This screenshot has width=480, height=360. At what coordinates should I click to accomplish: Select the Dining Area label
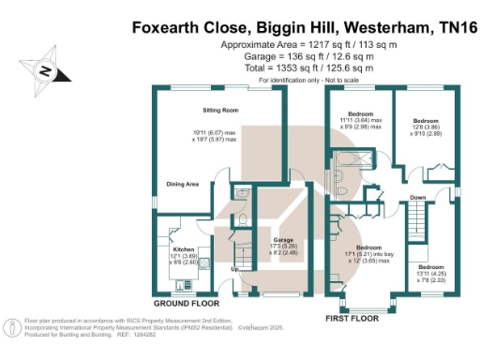point(181,184)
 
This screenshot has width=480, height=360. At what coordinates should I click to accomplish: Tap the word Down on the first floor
point(418,198)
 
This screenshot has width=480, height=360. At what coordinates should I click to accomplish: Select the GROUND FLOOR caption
point(187,304)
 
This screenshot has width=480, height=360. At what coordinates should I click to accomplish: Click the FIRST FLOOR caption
point(352,318)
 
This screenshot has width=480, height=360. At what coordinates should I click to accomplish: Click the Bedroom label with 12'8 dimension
point(427,121)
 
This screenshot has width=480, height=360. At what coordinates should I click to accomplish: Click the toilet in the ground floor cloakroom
point(242,220)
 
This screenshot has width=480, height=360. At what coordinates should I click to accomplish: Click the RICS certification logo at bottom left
point(12,328)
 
